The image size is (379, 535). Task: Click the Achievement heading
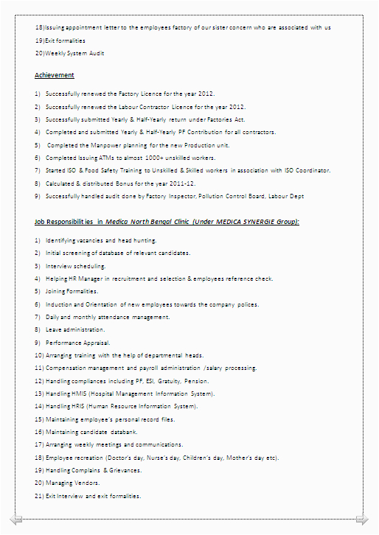click(x=55, y=75)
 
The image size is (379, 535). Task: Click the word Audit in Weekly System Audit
click(x=96, y=53)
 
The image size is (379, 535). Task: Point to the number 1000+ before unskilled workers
click(x=166, y=158)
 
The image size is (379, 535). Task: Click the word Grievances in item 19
click(x=125, y=470)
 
